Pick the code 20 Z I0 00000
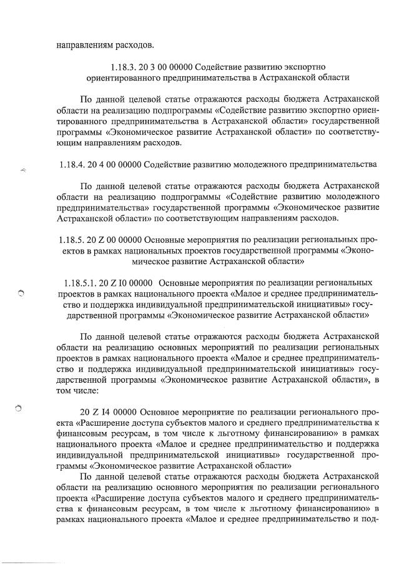[127, 283]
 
